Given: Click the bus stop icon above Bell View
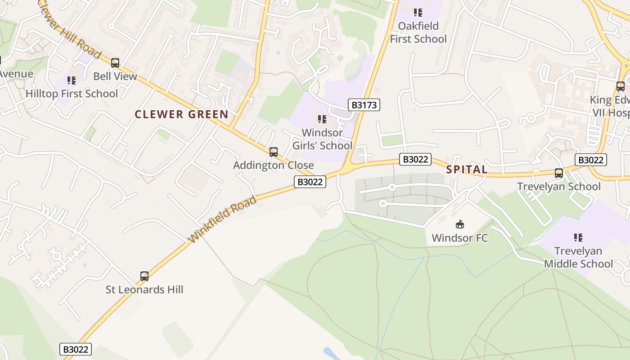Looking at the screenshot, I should tap(115, 63).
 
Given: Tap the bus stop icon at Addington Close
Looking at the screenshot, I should tap(273, 152).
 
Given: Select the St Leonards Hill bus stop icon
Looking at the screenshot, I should tap(144, 276).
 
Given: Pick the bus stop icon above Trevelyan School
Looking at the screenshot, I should tap(558, 173).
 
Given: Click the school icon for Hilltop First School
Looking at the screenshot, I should tap(72, 81).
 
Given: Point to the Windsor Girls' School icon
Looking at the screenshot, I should tap(322, 119).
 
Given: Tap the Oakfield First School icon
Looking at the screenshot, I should tap(418, 13).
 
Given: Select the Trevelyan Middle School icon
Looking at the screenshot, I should tap(578, 238).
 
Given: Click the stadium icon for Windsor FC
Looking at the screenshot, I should tap(459, 224).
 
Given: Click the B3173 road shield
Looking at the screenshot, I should tap(364, 105).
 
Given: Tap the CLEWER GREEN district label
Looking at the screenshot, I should tap(182, 114).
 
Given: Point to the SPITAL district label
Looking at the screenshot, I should tap(467, 170).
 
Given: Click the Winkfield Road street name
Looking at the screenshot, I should tap(223, 220).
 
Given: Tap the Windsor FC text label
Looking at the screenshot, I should tap(459, 238).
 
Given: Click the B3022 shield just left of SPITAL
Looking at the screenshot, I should tap(415, 159).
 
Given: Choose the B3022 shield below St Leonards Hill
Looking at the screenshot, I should tap(76, 349).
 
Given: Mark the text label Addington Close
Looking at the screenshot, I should tap(273, 165).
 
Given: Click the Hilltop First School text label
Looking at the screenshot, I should tap(72, 94).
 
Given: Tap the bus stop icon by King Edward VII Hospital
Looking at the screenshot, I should tap(620, 86).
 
